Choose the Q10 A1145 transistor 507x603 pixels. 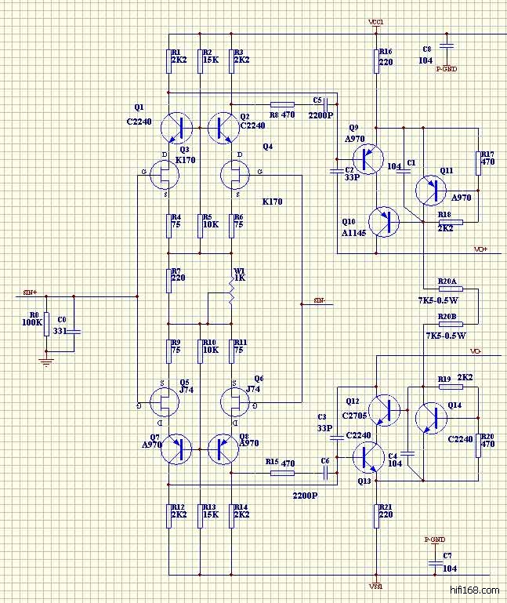[x=384, y=222]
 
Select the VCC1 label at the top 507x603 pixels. [x=375, y=22]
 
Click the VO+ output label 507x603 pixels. [x=480, y=249]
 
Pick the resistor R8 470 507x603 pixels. [x=282, y=104]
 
